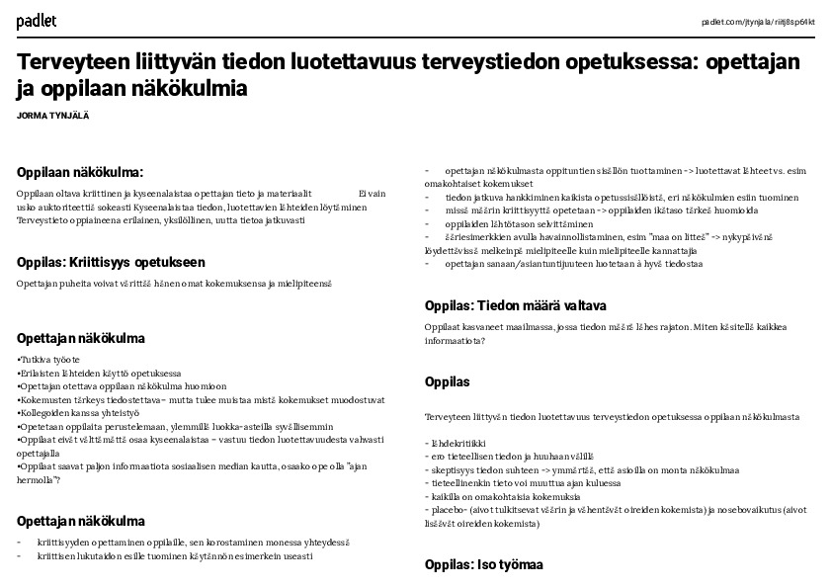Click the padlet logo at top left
(37, 20)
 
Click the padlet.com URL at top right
(758, 22)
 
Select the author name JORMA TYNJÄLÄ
(53, 116)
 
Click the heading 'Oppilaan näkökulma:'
(80, 172)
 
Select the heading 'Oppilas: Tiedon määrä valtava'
(515, 305)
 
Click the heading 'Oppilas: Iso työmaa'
(483, 565)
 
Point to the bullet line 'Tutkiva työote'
(49, 359)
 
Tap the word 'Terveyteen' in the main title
(68, 63)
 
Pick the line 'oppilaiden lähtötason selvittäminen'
(512, 223)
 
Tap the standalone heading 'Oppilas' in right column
(447, 381)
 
